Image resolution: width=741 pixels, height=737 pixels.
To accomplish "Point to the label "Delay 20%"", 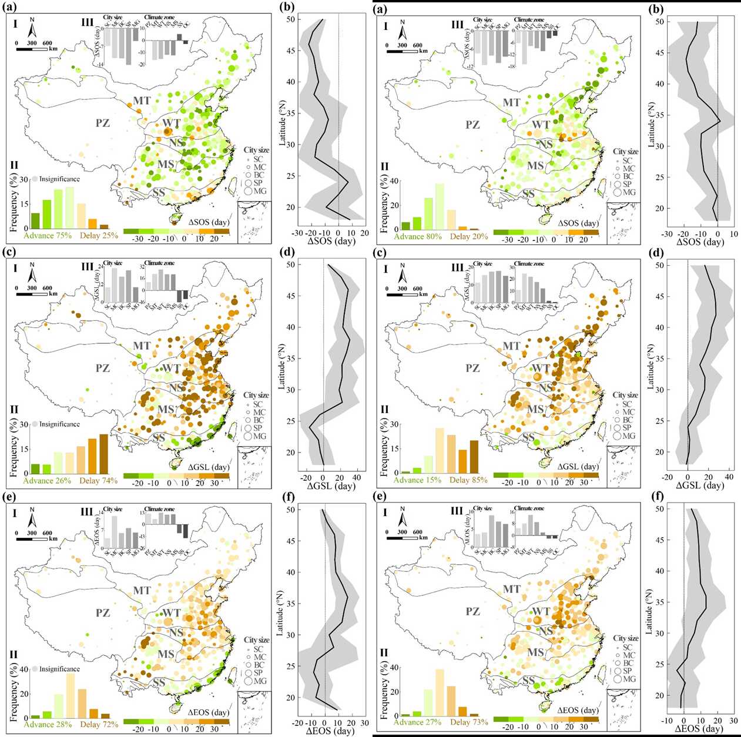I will [x=469, y=236].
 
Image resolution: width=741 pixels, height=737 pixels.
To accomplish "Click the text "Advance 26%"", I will [x=47, y=481].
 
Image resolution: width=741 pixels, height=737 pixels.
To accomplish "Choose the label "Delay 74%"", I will [x=99, y=481].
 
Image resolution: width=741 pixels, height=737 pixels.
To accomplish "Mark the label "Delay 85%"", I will [x=469, y=480].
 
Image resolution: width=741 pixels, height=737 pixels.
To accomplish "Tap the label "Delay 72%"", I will [x=99, y=725].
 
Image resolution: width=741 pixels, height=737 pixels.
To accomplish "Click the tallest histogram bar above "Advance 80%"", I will [x=440, y=206].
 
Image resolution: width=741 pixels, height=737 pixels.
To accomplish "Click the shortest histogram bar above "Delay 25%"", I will [x=103, y=226].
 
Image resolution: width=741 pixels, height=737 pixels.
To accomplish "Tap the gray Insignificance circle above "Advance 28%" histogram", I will [x=35, y=669].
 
